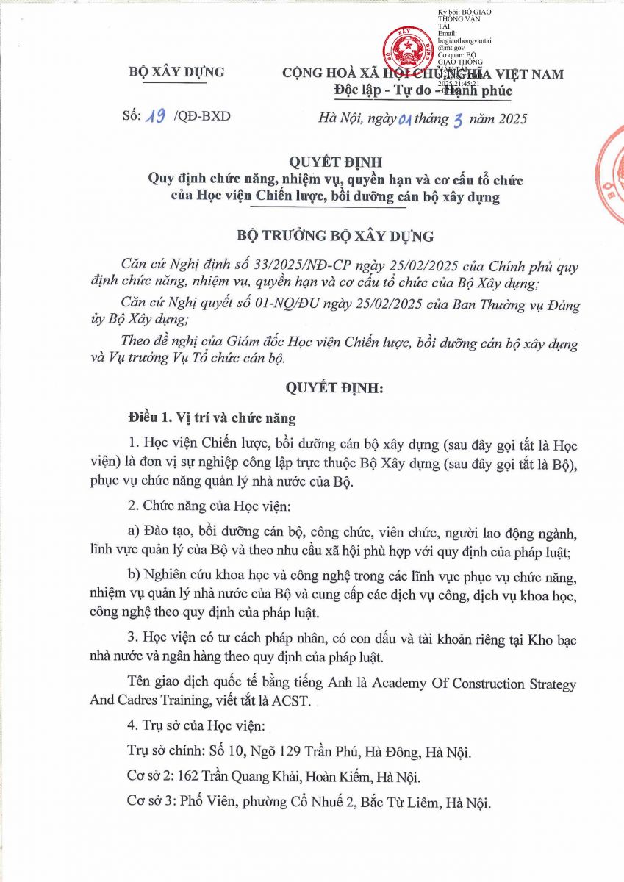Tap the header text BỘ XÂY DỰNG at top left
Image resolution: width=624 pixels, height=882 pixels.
pyautogui.click(x=176, y=72)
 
